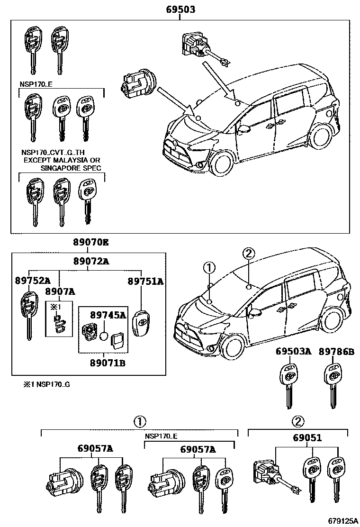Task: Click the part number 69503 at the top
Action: click(180, 9)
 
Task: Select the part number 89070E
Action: click(90, 243)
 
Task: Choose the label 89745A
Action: click(108, 314)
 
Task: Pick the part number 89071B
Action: click(108, 363)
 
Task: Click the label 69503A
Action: click(294, 351)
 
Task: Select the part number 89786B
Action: click(336, 351)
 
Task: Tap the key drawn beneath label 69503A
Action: click(289, 384)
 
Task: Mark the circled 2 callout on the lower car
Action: click(249, 254)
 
